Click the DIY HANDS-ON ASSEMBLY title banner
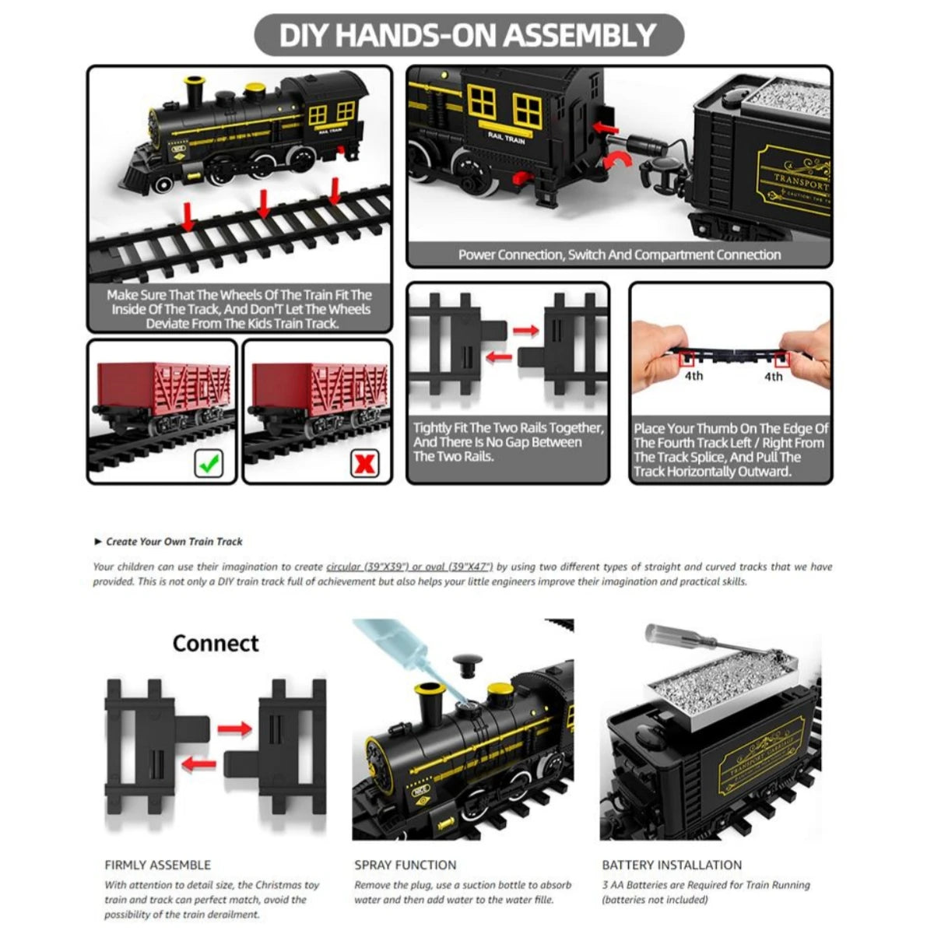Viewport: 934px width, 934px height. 468,35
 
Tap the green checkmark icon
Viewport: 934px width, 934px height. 207,465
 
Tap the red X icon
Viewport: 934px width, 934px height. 365,465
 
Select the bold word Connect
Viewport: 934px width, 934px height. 216,644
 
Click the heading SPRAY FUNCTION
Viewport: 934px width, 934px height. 406,865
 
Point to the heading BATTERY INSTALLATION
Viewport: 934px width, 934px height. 672,865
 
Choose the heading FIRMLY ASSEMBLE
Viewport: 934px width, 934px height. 158,865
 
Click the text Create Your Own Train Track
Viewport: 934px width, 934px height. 174,542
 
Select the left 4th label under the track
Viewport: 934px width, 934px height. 693,377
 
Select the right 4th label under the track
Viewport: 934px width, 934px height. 773,377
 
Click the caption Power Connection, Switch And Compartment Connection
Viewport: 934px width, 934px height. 620,255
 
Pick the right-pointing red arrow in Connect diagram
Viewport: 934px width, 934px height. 234,729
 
